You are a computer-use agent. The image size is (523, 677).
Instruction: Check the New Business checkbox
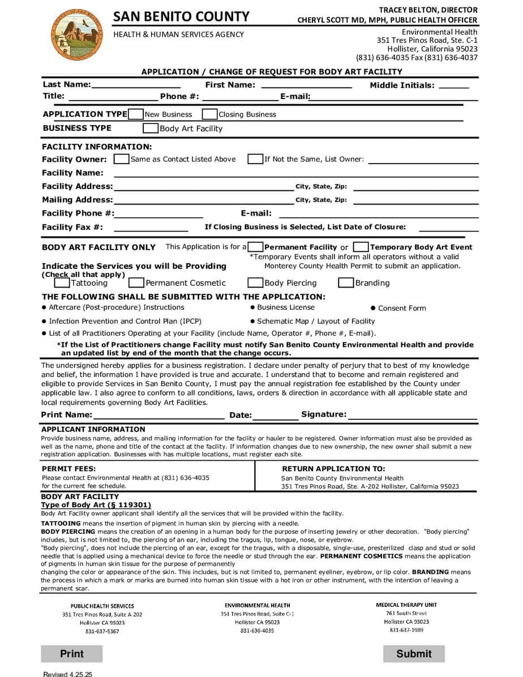[136, 114]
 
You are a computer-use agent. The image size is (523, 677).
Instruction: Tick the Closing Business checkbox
[209, 114]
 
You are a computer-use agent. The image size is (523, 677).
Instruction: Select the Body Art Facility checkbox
[151, 128]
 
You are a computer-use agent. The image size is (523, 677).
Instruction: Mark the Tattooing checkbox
[62, 282]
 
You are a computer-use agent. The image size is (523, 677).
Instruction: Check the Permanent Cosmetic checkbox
[136, 282]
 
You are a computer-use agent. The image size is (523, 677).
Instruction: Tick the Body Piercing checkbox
[255, 282]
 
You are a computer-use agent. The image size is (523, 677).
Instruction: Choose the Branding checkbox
[346, 282]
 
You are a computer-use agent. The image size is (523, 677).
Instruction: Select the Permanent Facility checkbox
[255, 247]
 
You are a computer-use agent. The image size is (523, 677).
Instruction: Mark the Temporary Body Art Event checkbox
[361, 247]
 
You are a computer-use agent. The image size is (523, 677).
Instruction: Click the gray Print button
[72, 654]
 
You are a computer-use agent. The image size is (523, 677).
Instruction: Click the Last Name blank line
[135, 85]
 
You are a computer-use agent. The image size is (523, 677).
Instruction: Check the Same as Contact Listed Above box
[121, 159]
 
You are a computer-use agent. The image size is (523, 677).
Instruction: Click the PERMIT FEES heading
[69, 469]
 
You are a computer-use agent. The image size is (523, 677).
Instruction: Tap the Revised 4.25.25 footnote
[67, 674]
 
